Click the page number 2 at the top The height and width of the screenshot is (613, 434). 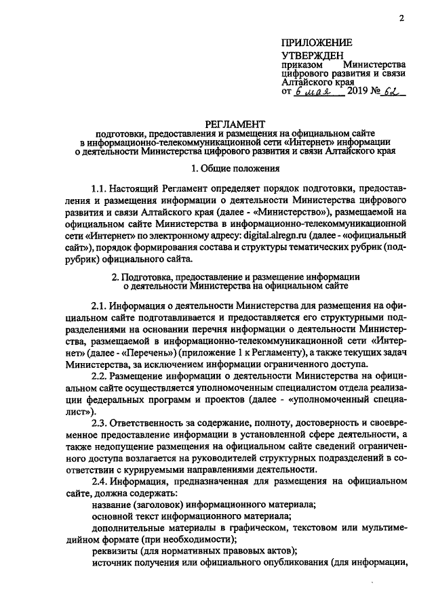point(402,18)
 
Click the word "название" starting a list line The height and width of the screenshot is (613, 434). point(111,505)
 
